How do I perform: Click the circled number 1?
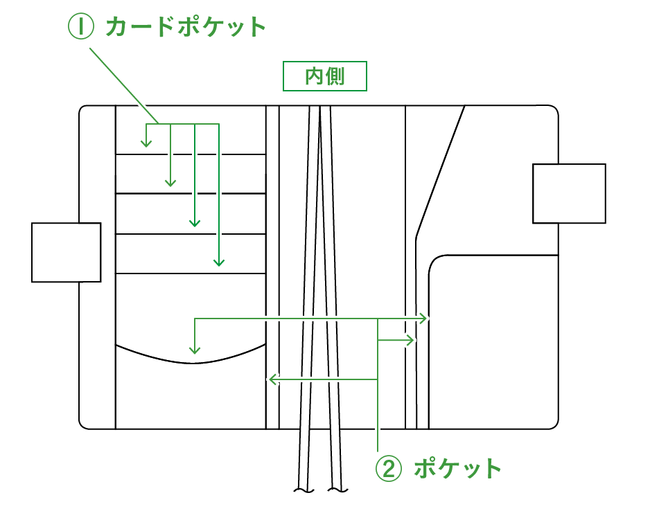point(80,27)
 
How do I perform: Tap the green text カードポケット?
point(186,27)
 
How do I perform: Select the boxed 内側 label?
point(324,77)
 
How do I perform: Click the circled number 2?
point(389,468)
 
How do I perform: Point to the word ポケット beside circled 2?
point(457,468)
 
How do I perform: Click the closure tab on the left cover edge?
point(67,252)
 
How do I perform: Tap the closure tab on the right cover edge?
point(569,193)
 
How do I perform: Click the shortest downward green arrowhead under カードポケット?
point(146,144)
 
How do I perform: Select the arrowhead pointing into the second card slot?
point(170,183)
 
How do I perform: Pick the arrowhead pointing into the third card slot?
point(195,223)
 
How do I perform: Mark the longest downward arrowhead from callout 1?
point(219,262)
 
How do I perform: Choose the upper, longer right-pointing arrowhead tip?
point(427,319)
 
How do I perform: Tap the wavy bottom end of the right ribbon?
point(337,490)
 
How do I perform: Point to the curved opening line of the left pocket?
point(191,361)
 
